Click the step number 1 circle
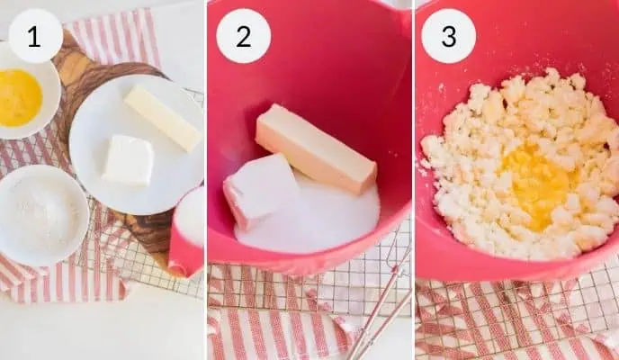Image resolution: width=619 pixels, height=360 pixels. click(x=35, y=36)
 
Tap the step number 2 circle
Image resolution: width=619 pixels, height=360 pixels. click(x=243, y=36)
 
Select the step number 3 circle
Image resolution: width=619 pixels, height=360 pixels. click(x=448, y=36)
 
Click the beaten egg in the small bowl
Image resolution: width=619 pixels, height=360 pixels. click(x=19, y=97)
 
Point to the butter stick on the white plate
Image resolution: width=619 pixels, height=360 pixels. click(x=163, y=118)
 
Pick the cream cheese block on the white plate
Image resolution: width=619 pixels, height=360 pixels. click(x=129, y=160)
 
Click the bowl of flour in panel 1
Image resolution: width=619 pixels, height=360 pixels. click(x=41, y=215)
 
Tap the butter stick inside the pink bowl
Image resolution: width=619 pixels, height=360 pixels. click(x=316, y=148)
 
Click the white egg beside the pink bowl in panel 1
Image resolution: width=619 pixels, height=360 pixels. click(x=190, y=215)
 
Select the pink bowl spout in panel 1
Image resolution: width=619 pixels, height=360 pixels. click(x=184, y=253)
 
